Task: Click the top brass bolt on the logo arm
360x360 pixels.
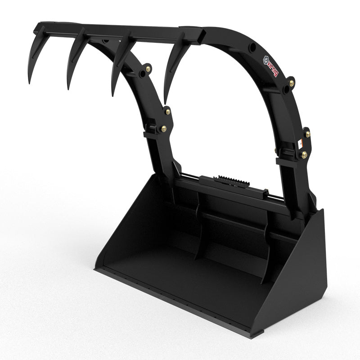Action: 292,83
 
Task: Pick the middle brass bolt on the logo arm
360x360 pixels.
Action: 308,134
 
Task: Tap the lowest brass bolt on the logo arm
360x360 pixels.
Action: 305,155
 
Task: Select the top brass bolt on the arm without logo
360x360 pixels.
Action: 148,69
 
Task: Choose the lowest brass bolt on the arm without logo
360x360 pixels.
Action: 163,129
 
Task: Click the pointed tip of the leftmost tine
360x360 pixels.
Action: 29,84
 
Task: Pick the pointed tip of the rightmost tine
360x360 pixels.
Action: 165,103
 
